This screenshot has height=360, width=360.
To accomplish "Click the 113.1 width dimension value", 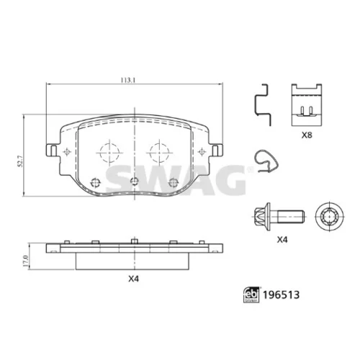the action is click(x=128, y=80).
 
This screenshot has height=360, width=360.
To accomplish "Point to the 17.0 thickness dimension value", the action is click(x=26, y=261).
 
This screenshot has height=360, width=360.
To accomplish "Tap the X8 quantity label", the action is click(x=307, y=135).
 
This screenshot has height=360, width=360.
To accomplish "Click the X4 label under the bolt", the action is click(x=282, y=240).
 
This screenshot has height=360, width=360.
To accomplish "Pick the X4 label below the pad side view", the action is click(x=134, y=279).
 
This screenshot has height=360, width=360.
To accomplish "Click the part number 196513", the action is click(x=282, y=294).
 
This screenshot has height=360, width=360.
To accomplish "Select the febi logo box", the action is click(x=251, y=294).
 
